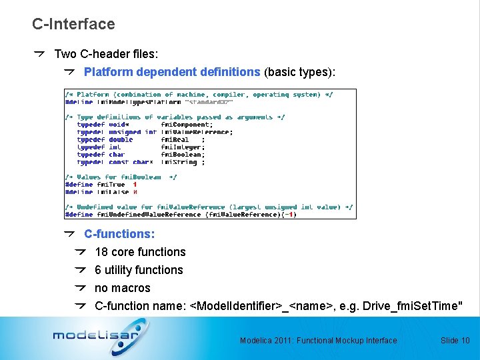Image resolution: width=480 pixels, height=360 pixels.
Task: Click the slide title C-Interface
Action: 73,24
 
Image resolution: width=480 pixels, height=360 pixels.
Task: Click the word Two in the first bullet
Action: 65,53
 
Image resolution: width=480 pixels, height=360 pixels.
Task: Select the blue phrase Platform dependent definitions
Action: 172,71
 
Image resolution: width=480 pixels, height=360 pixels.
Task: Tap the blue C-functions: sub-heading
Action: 119,234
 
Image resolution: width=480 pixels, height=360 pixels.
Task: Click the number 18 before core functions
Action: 101,252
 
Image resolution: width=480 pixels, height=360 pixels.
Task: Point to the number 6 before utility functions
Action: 98,270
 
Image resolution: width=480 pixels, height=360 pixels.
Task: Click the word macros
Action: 132,288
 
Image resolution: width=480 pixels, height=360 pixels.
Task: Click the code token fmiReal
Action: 175,140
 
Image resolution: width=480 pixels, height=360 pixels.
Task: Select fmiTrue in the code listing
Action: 111,185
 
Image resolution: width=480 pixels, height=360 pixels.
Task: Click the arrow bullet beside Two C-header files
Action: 40,53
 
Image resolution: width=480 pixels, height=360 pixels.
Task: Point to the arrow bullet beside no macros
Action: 81,288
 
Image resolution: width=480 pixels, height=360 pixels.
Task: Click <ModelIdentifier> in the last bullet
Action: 235,306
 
